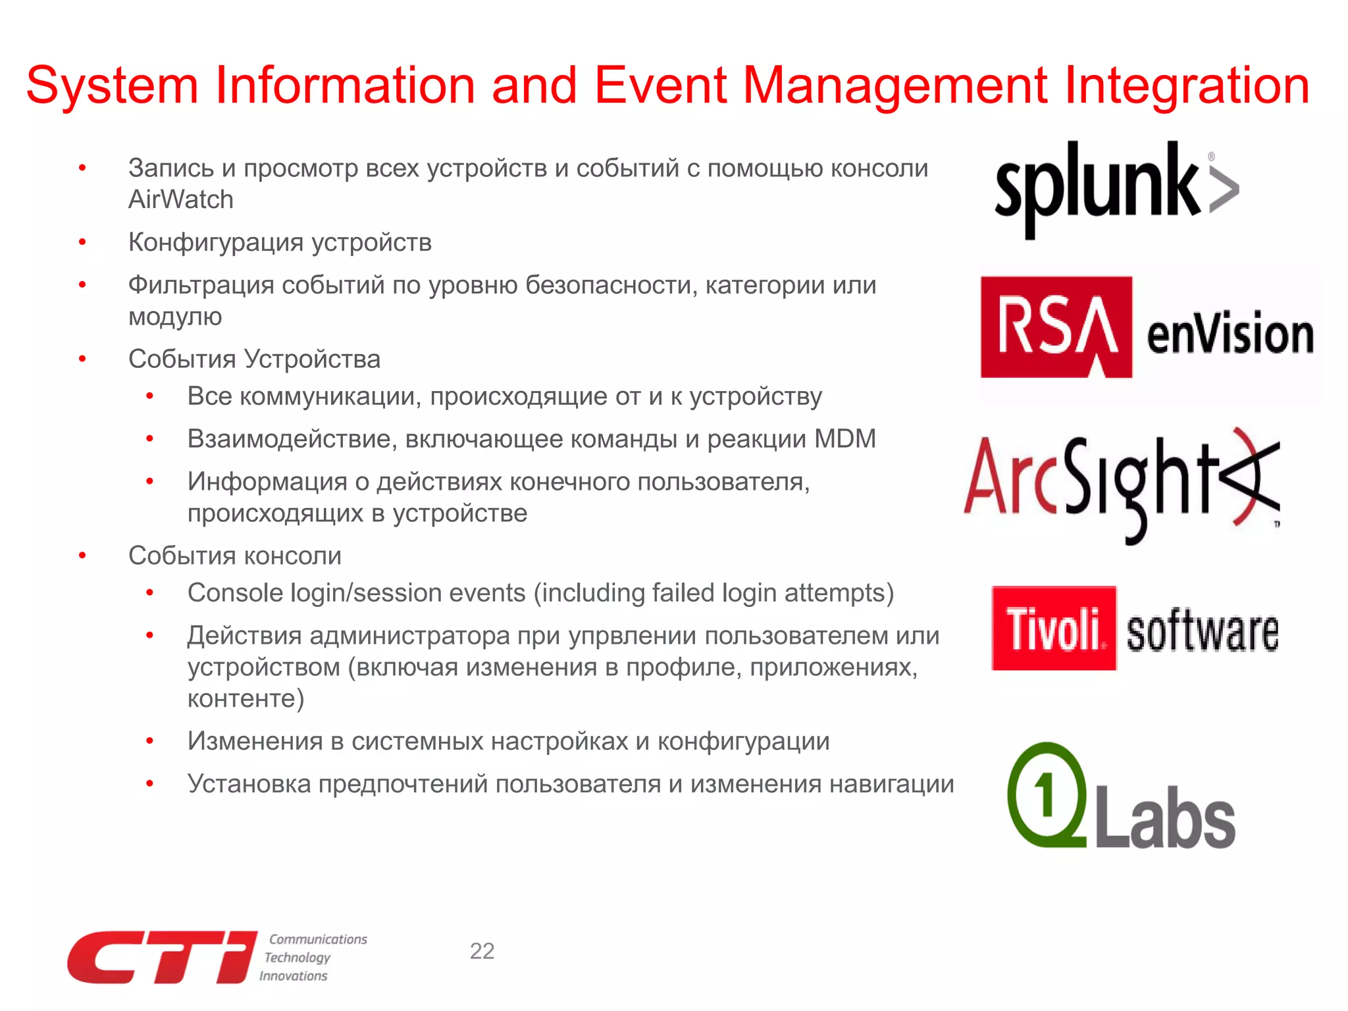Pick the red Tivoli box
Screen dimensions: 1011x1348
coord(1054,629)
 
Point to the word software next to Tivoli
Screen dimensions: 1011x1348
coord(1202,632)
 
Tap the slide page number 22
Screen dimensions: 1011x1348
coord(482,951)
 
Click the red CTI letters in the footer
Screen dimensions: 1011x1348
coord(161,957)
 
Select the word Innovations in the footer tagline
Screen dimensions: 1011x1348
coord(293,976)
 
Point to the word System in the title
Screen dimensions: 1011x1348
coord(112,86)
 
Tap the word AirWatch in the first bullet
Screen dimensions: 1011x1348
coord(181,199)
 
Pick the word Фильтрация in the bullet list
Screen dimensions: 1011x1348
coord(201,285)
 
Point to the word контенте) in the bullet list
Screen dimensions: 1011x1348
coord(246,698)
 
